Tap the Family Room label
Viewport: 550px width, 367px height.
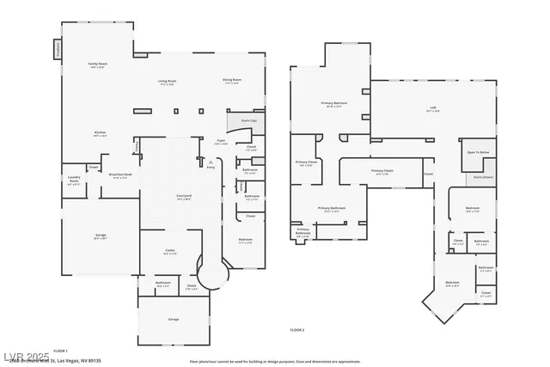(x=97, y=64)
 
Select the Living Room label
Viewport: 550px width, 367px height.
(x=167, y=83)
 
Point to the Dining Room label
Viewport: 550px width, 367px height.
(x=232, y=81)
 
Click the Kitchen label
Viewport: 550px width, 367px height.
(x=100, y=133)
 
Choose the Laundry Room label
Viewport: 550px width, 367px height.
(x=74, y=181)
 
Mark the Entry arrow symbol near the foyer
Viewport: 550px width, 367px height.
(x=211, y=167)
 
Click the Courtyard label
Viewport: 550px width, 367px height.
(x=184, y=197)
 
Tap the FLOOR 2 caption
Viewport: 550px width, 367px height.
(x=297, y=329)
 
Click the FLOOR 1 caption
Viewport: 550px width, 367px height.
(x=61, y=351)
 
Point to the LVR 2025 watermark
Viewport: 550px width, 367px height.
(x=26, y=355)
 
